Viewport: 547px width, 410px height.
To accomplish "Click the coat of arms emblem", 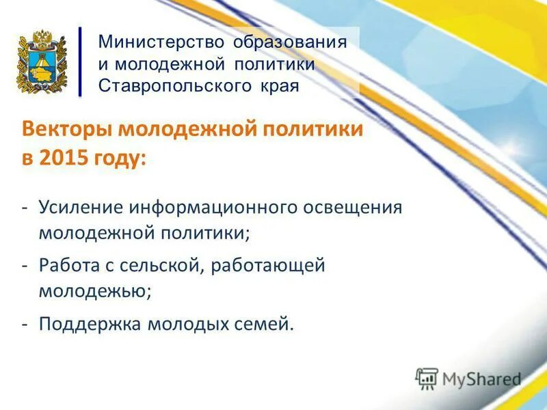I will pos(42,61).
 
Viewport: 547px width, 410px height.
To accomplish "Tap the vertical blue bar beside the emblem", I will pos(80,61).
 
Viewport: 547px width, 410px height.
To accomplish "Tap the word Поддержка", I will pos(82,323).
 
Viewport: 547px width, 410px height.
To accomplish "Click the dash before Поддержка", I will pos(24,323).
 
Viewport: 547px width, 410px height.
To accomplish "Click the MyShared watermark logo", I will pos(468,378).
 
